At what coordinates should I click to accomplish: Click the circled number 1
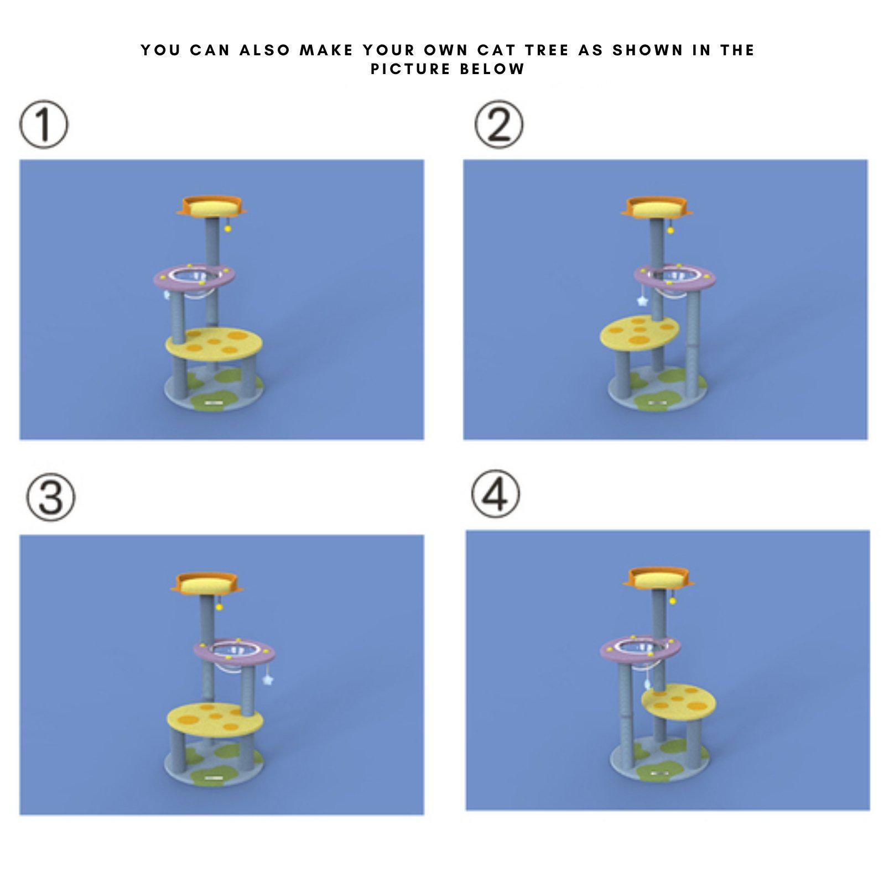44,124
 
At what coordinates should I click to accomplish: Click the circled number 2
499,124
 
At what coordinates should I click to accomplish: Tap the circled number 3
51,497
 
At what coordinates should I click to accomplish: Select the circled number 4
496,494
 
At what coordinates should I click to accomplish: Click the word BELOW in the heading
492,70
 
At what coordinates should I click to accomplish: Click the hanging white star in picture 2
642,302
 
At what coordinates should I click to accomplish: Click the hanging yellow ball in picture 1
227,228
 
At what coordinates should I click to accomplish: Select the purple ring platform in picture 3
204,653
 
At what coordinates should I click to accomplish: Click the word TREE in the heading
547,50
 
